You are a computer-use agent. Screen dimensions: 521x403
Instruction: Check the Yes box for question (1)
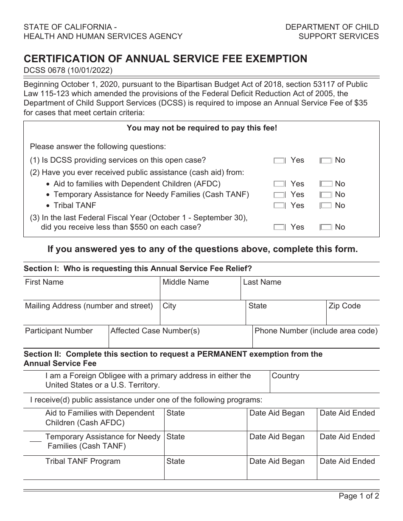tap(280, 161)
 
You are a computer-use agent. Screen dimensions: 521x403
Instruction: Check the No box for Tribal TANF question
tap(326, 206)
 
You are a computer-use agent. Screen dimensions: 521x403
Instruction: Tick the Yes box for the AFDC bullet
tap(280, 184)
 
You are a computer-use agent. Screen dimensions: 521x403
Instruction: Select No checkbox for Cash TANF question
tap(326, 195)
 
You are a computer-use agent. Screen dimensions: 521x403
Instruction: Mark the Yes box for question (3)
tap(280, 227)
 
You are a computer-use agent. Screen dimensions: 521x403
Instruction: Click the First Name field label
tap(44, 282)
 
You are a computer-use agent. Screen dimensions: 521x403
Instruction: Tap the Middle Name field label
tap(186, 282)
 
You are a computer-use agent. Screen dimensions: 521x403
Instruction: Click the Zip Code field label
tap(344, 306)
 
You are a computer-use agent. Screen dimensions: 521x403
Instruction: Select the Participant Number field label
tap(59, 331)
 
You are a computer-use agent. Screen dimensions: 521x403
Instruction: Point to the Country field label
tap(285, 376)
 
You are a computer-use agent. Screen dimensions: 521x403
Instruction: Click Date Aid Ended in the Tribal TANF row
tap(347, 461)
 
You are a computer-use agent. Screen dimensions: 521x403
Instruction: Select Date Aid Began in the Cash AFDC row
tap(277, 413)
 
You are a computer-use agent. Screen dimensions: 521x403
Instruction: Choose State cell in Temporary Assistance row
tap(176, 437)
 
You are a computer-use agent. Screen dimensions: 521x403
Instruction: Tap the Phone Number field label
tap(316, 331)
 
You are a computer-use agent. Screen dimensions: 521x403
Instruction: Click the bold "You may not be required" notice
tap(201, 127)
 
